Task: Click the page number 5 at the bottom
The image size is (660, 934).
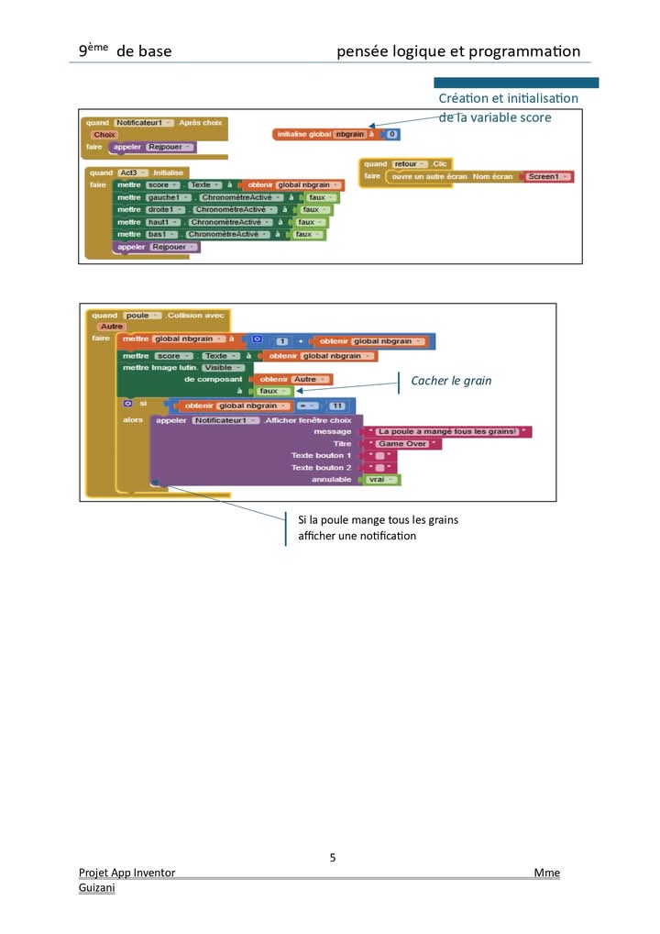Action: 333,858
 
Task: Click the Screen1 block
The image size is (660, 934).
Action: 546,176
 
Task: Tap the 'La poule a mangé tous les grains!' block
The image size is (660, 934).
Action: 446,431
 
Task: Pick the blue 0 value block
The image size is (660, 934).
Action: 391,134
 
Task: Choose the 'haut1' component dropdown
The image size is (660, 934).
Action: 165,222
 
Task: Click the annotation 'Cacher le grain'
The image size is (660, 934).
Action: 451,380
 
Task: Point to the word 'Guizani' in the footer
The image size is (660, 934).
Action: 97,888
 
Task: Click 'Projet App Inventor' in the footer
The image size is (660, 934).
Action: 126,873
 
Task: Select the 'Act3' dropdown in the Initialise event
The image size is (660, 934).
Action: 130,172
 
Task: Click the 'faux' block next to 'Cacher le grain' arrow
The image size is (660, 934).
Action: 272,391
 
